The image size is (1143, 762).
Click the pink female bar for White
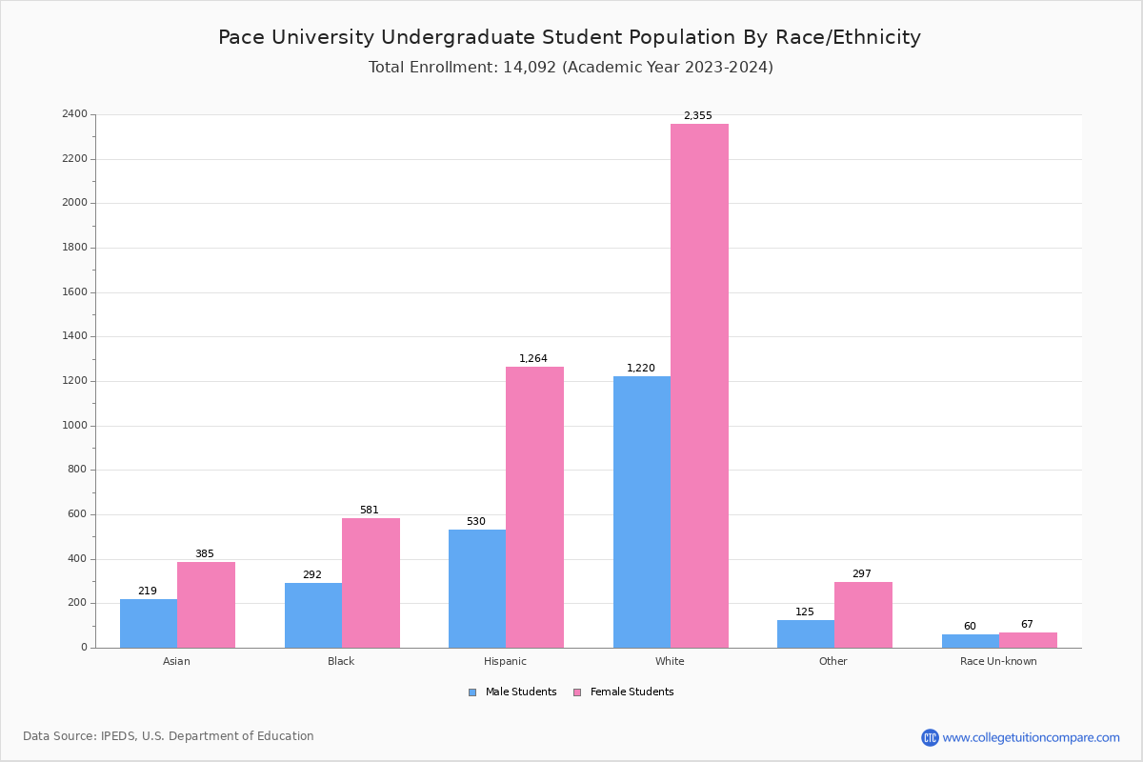click(x=699, y=386)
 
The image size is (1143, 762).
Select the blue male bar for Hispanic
click(x=477, y=589)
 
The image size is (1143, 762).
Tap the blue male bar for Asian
click(x=149, y=623)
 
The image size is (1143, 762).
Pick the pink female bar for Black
click(x=371, y=583)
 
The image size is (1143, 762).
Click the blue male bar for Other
click(x=806, y=633)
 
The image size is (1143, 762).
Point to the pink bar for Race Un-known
click(x=1028, y=640)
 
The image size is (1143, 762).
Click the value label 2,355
click(x=697, y=116)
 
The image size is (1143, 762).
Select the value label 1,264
click(x=533, y=359)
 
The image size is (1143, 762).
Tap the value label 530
click(x=475, y=522)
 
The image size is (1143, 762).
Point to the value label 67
click(x=1027, y=625)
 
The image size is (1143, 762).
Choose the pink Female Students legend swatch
click(x=577, y=692)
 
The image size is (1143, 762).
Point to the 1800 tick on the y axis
click(x=74, y=248)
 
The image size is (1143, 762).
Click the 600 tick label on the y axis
click(x=77, y=514)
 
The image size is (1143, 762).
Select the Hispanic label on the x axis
click(x=505, y=661)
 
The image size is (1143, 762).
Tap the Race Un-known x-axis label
click(x=998, y=661)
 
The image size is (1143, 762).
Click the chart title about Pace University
click(x=570, y=38)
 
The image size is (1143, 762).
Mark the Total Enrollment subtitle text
click(x=571, y=68)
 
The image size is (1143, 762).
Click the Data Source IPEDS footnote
click(x=169, y=736)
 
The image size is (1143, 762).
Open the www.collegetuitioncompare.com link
click(x=1031, y=737)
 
